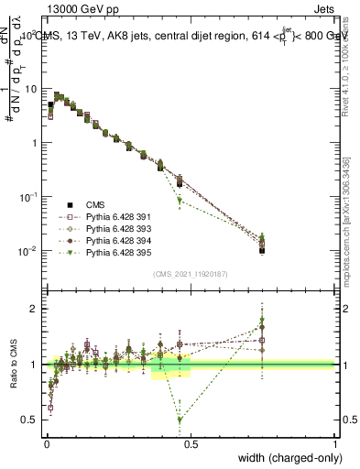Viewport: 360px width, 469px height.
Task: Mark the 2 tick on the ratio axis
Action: [33, 309]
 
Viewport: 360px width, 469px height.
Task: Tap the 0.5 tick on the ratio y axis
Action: [29, 420]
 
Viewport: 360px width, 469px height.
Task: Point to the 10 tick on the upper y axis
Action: [32, 89]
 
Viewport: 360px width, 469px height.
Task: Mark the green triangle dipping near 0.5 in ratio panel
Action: [180, 420]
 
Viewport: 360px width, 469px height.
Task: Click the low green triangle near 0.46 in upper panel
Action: [180, 200]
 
